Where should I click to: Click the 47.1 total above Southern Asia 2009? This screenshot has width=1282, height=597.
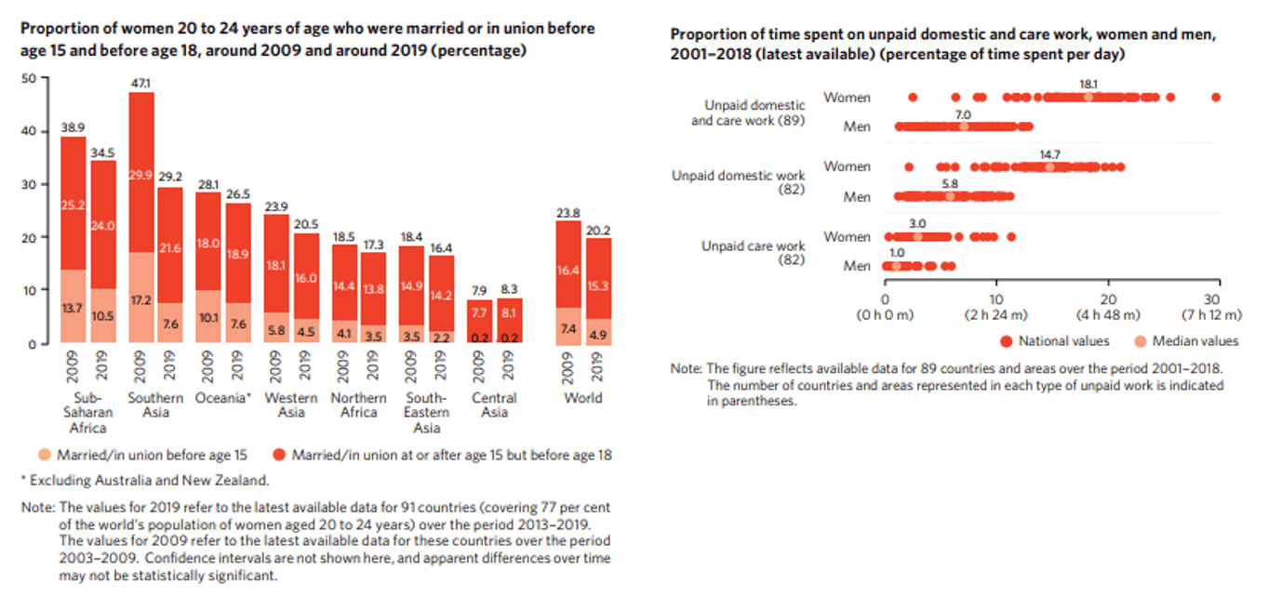point(141,84)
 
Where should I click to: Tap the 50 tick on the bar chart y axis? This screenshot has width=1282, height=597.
point(29,78)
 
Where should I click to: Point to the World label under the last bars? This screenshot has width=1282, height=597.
point(583,398)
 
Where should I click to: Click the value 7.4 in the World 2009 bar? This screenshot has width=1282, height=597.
point(568,329)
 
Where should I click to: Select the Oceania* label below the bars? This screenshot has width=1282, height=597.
point(223,398)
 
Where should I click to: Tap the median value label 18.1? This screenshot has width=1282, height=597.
point(1088,84)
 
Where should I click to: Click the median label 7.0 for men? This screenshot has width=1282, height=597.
point(964,113)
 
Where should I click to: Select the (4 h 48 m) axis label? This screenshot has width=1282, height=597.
point(1107,314)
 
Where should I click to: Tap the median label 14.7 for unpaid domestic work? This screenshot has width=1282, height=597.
point(1050,153)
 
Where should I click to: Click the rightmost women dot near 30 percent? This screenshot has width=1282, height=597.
point(1216,98)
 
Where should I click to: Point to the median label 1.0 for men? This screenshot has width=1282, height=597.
point(897,253)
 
